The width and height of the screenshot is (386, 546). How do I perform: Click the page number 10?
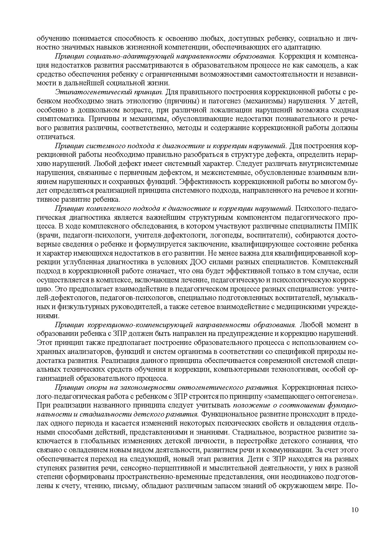tap(355, 510)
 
